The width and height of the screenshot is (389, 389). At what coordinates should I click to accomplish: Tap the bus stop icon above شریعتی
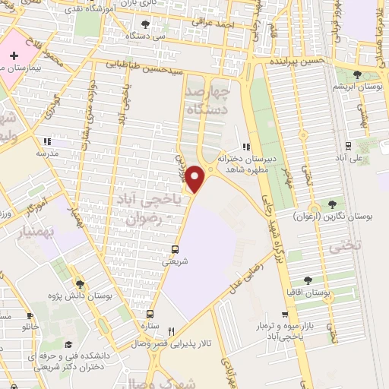point(176,248)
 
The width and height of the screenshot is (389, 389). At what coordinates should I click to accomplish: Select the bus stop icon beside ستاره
point(150,313)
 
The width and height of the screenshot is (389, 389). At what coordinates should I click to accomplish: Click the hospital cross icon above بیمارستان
point(14,57)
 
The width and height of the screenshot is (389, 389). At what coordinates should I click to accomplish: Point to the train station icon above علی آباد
point(348,146)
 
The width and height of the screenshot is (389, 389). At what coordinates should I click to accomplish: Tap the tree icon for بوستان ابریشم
point(358,74)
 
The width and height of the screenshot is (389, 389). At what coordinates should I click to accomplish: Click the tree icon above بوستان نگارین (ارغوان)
point(331,203)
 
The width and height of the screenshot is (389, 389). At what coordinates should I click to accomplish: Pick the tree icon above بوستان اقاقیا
point(308,280)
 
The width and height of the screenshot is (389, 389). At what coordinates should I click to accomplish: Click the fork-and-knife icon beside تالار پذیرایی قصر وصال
point(171,331)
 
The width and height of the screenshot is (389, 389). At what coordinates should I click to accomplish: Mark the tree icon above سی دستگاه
point(145,24)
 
